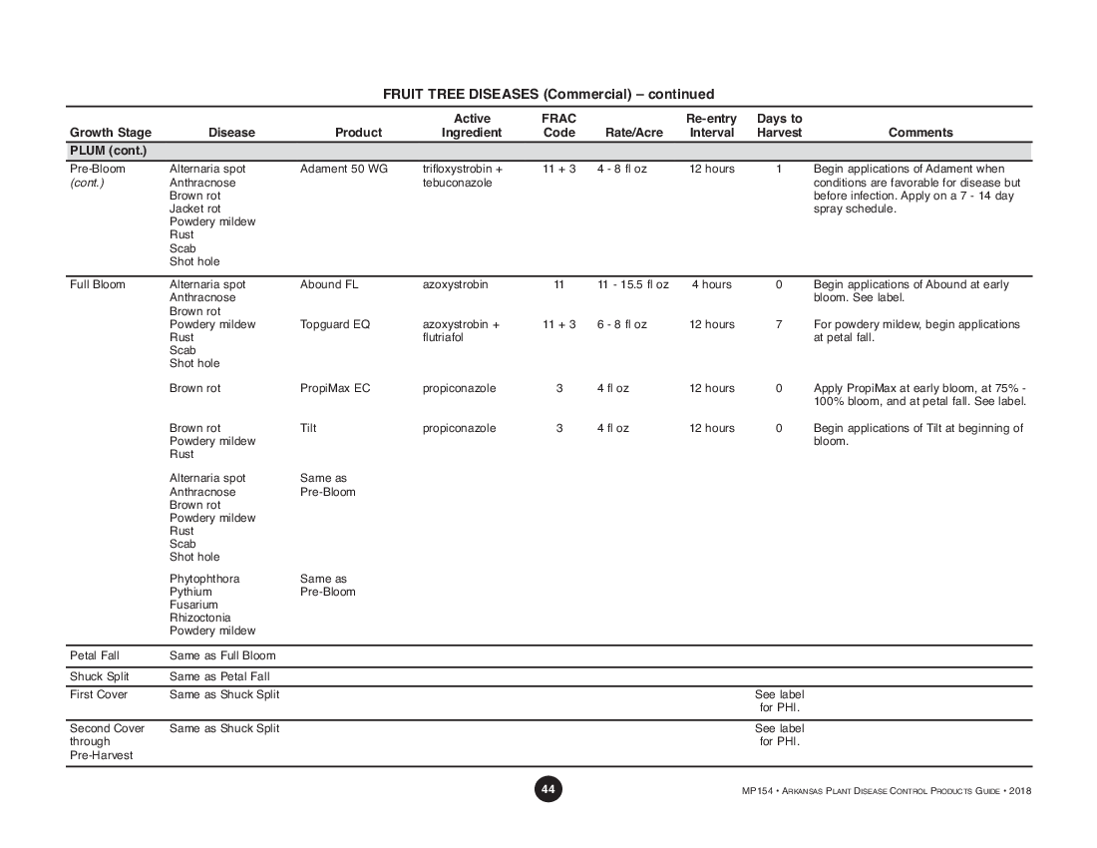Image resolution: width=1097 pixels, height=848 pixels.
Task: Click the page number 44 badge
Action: (x=548, y=789)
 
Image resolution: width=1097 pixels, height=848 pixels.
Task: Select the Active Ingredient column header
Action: (x=472, y=126)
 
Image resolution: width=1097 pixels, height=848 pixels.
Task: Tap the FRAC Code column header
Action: (x=558, y=126)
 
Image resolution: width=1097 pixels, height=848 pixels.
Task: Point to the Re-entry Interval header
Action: (x=711, y=126)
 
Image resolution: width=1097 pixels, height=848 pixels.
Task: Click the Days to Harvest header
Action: (x=779, y=126)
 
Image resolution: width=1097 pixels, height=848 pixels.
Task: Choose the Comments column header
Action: (x=919, y=133)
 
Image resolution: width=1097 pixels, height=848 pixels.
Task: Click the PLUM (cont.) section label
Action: (x=109, y=151)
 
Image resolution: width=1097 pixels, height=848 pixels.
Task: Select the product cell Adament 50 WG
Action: (x=344, y=170)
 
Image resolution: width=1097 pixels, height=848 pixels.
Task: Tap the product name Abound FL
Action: (x=329, y=285)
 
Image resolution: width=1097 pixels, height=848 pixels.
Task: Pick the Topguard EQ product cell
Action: (x=335, y=325)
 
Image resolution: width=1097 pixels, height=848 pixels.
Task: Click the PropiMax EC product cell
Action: (x=335, y=389)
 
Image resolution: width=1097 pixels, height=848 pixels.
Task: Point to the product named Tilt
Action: (x=308, y=429)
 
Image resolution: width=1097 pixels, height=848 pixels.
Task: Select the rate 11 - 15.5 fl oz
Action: (x=633, y=285)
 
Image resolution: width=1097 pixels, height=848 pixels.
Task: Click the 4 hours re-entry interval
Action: (x=711, y=285)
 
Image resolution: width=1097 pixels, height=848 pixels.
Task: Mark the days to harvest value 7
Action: (x=779, y=325)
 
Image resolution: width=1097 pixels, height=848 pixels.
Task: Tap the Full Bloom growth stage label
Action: (x=98, y=285)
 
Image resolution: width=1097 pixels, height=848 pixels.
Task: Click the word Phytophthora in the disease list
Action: (x=204, y=580)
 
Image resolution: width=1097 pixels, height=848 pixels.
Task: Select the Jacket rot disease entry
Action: (x=195, y=210)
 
